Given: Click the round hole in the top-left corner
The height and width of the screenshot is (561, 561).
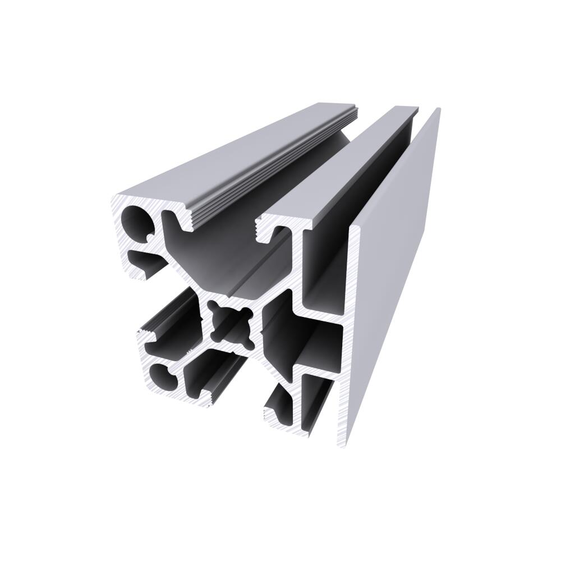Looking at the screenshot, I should pos(137,220).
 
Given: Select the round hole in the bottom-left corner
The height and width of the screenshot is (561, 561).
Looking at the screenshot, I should pos(163,378).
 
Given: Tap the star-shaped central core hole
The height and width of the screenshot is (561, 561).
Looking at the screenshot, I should pos(230,324).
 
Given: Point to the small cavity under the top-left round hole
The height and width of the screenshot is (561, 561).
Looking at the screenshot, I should pos(145,261).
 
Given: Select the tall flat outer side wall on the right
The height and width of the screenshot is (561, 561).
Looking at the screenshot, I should pos(393,264).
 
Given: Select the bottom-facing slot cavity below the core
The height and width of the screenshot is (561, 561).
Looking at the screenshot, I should pos(216,373).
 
